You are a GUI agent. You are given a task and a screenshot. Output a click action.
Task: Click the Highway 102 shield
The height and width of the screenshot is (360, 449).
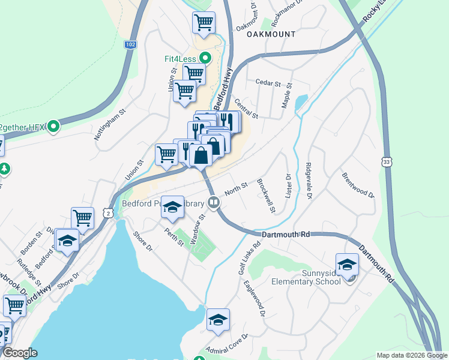pyautogui.click(x=130, y=44)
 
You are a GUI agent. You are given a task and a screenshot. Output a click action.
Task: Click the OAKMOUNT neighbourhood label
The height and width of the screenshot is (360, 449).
pyautogui.click(x=271, y=34)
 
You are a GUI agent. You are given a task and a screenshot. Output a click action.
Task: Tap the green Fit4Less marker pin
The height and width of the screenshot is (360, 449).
pyautogui.click(x=205, y=59)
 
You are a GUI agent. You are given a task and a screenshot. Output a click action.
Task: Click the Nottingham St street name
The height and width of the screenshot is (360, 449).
pyautogui.click(x=109, y=124)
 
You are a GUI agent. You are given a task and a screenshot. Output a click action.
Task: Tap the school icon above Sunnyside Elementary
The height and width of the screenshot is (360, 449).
pyautogui.click(x=347, y=264)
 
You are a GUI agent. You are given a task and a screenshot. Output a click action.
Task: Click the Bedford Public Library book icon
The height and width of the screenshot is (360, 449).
pyautogui.click(x=212, y=203)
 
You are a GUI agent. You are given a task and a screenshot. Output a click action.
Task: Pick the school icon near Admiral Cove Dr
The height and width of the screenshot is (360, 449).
pyautogui.click(x=218, y=319)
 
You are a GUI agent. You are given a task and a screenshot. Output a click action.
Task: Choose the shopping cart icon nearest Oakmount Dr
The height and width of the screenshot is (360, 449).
pyautogui.click(x=203, y=23)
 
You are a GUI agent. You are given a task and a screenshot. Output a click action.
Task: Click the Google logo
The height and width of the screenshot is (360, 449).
pyautogui.click(x=20, y=353)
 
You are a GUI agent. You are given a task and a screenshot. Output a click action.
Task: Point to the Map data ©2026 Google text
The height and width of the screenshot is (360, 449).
pyautogui.click(x=411, y=355)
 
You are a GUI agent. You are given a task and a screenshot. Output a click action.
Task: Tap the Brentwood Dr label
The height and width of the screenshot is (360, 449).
pyautogui.click(x=358, y=186)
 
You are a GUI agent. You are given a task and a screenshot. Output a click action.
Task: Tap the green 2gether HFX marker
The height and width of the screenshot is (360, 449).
pyautogui.click(x=53, y=127)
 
